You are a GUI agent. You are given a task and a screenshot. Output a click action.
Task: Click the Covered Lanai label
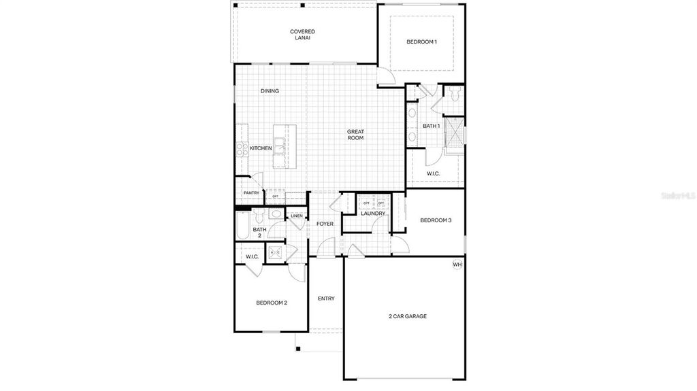click(302, 35)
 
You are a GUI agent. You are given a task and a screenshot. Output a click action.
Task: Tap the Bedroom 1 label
click(421, 42)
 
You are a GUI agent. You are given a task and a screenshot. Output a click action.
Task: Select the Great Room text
click(355, 135)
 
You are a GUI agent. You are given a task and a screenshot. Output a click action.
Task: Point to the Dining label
click(270, 91)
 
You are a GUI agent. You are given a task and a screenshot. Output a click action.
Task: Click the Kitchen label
click(261, 148)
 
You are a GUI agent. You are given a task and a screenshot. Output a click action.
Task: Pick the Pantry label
click(251, 193)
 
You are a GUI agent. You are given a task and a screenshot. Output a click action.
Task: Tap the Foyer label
click(325, 224)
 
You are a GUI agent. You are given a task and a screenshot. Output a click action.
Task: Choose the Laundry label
click(373, 214)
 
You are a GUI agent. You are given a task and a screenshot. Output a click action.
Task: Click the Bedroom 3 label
click(436, 220)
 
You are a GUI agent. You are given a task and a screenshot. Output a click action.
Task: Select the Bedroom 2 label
click(272, 303)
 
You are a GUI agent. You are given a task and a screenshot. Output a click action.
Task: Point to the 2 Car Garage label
click(408, 316)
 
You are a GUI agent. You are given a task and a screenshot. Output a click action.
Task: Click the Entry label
click(326, 299)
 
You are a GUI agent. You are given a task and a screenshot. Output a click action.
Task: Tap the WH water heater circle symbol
click(457, 265)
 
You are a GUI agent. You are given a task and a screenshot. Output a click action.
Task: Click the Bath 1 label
click(431, 126)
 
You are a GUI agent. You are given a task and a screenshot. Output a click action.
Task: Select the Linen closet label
click(296, 216)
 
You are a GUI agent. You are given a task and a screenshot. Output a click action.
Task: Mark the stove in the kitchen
click(241, 148)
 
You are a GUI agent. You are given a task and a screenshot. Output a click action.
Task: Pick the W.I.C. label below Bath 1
click(434, 174)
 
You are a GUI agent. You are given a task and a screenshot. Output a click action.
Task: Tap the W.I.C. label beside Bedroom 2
click(251, 256)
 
